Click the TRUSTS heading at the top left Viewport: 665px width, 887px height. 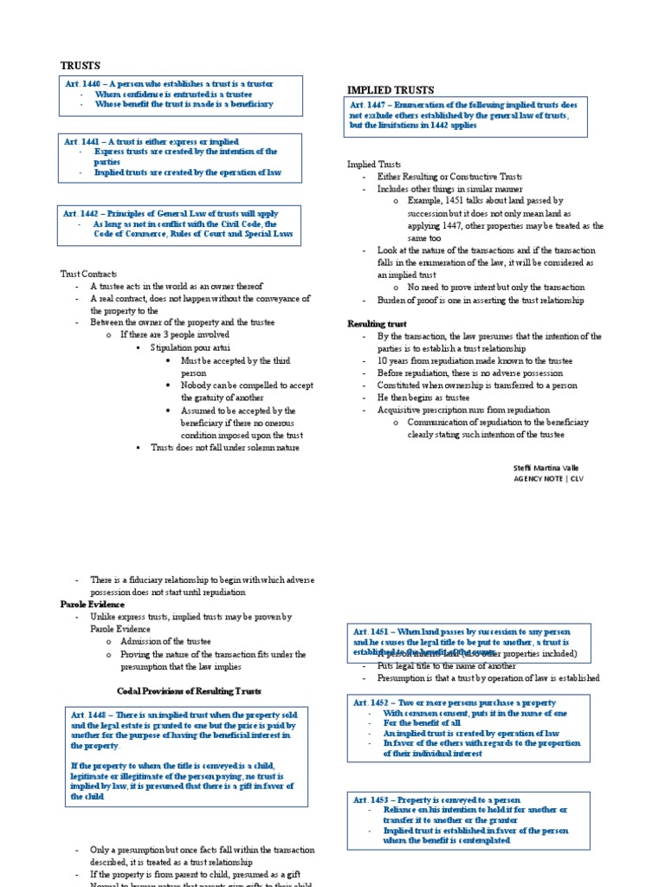point(80,66)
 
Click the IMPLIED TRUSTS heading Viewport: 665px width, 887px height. point(391,89)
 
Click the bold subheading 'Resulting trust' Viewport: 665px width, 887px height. point(377,324)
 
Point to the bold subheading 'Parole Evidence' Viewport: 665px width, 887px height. point(93,604)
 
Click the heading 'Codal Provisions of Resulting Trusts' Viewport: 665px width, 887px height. point(189,690)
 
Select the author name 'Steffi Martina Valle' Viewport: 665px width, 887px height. point(546,468)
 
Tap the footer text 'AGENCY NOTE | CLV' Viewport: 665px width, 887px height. point(549,478)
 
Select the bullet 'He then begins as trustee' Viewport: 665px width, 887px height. point(429,398)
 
